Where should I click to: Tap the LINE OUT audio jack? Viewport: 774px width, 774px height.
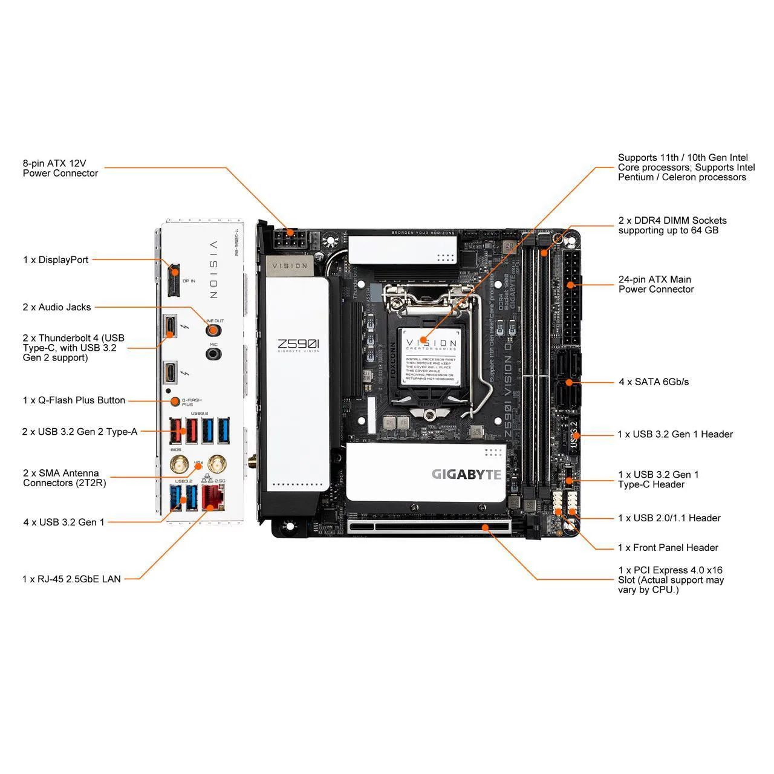pos(212,330)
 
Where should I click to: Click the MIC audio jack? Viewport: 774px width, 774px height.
pos(213,353)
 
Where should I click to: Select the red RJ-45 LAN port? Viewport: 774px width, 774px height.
pos(212,497)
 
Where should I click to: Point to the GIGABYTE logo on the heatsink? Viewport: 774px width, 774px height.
pos(466,474)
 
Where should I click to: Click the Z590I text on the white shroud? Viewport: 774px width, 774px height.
pos(298,345)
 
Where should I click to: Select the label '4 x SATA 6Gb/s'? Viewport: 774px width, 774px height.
pos(654,382)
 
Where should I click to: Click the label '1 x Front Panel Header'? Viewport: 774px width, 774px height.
pos(668,547)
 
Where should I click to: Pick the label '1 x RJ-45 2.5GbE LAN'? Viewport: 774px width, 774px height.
pos(71,579)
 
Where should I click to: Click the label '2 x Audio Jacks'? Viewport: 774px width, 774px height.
pos(57,307)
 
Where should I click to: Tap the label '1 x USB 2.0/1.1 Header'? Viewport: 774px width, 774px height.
pos(669,518)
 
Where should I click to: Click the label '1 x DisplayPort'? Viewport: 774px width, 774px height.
pos(56,260)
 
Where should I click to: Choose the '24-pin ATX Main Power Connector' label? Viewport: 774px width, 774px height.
pos(655,284)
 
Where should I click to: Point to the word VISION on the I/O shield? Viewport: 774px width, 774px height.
pos(213,269)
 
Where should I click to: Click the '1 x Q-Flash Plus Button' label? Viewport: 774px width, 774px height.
pos(74,400)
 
